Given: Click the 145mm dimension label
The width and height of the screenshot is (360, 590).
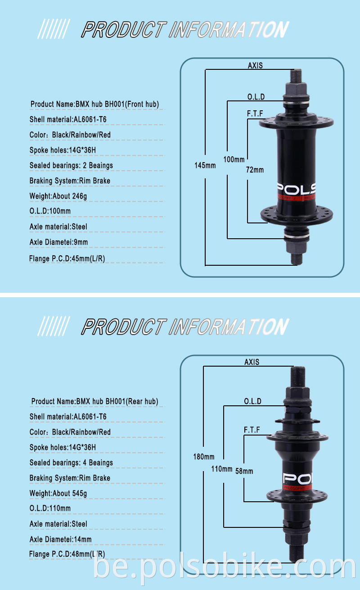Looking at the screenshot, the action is point(205,165).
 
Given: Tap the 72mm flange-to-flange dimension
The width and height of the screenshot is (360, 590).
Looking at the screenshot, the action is point(255,170).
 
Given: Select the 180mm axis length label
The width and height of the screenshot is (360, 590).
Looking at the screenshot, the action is point(204,456).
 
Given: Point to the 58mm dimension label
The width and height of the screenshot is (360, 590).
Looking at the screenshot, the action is point(244,471).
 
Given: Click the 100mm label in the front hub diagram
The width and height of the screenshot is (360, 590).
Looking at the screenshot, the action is point(234,159).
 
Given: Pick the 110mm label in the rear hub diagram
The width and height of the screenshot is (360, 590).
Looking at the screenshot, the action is point(221,469).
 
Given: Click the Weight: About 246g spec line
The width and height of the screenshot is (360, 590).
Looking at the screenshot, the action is point(58,196).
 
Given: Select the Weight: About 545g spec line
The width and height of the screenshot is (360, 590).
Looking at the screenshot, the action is point(58,493).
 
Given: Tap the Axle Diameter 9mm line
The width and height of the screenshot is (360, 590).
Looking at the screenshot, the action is point(58,242).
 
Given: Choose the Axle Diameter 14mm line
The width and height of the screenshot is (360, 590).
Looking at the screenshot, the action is point(61,539).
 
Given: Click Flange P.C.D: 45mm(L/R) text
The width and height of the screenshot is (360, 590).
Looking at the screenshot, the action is point(67,259).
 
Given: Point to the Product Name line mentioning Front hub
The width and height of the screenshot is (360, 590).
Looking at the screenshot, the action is point(95,104).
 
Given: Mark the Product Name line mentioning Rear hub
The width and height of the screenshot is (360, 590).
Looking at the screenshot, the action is point(95,401).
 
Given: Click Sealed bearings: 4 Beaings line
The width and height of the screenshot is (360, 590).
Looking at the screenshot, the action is point(71,463).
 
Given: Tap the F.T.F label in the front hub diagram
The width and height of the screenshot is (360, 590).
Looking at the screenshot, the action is point(255,113).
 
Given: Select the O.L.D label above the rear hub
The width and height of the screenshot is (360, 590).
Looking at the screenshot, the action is point(252,401).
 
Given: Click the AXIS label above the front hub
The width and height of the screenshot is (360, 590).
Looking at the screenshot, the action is point(255,65).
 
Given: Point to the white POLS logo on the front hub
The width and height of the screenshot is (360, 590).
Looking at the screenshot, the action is point(296,188).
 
